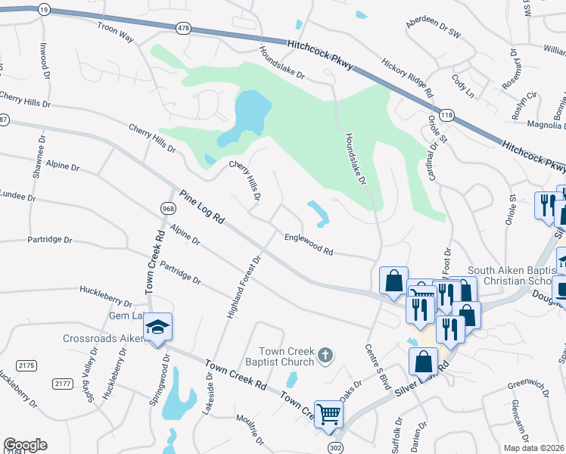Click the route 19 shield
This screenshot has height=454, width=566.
(44, 9)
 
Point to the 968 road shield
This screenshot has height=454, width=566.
(168, 207)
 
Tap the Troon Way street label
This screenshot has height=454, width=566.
(114, 30)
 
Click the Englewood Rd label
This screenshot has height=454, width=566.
(309, 243)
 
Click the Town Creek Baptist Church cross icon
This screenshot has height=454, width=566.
(325, 355)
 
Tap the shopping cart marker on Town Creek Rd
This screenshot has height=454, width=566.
(329, 413)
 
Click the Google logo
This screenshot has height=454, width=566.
(25, 445)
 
